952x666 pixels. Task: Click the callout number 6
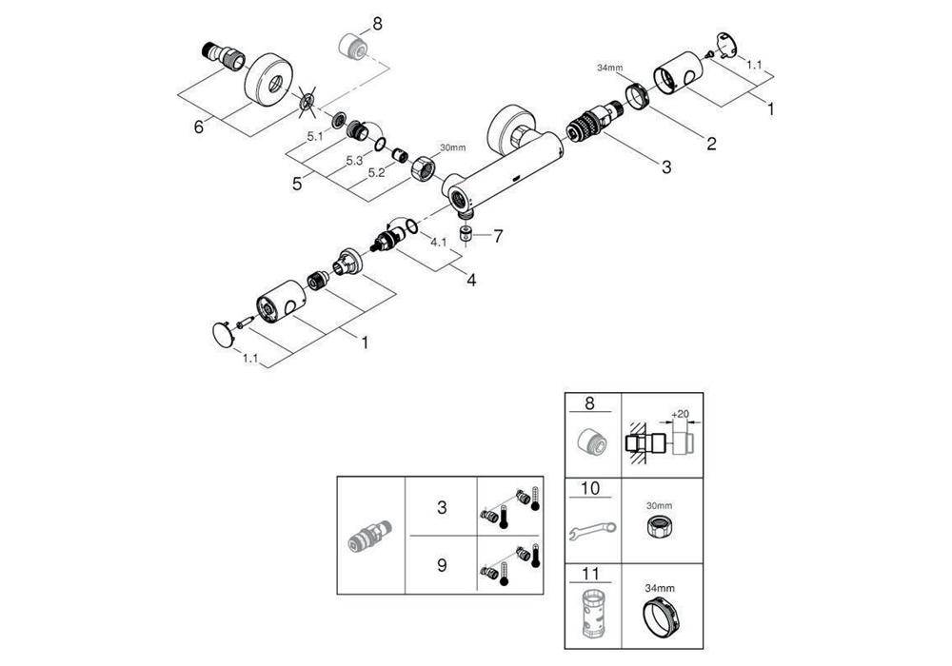(x=199, y=127)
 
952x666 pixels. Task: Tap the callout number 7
(x=498, y=236)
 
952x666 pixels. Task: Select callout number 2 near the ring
(x=711, y=144)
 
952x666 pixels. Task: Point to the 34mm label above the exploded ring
(x=609, y=68)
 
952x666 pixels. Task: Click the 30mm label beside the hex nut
(x=452, y=147)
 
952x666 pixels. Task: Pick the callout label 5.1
(x=314, y=136)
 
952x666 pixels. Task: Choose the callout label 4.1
(x=438, y=242)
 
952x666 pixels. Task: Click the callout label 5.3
(x=354, y=161)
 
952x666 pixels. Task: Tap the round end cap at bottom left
(x=223, y=336)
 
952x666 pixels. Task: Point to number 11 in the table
(x=590, y=573)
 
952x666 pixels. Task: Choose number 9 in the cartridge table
(x=442, y=565)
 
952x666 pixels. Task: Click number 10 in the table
(x=590, y=488)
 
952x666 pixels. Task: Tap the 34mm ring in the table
(x=660, y=617)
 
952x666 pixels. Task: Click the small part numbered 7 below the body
(x=466, y=234)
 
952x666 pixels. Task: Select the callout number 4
(x=471, y=281)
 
